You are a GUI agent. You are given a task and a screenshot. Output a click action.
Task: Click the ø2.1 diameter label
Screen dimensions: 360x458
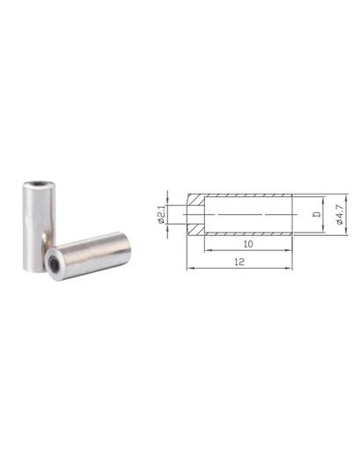point(161,215)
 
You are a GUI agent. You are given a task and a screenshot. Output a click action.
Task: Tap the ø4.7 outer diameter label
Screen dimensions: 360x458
point(340,215)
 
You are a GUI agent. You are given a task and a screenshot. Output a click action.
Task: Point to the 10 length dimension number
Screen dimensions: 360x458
point(248,244)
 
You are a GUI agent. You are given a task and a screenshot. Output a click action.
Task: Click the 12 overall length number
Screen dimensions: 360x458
point(239,262)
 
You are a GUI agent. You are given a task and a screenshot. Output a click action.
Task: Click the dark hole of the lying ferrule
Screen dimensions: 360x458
point(54,261)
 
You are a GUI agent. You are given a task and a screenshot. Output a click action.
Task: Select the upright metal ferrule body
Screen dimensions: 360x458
point(39,226)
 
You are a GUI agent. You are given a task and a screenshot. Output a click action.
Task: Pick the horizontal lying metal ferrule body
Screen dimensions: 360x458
point(88,256)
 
